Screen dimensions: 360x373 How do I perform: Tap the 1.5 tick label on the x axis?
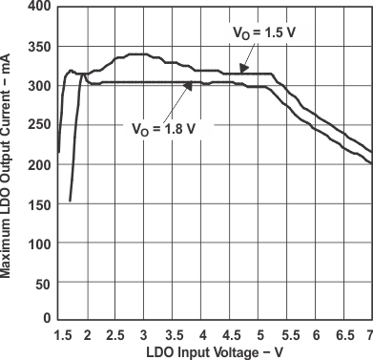(62, 334)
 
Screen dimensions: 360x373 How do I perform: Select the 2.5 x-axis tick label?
(114, 334)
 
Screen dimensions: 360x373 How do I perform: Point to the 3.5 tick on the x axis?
(174, 334)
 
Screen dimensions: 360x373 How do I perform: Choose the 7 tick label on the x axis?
(369, 334)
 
